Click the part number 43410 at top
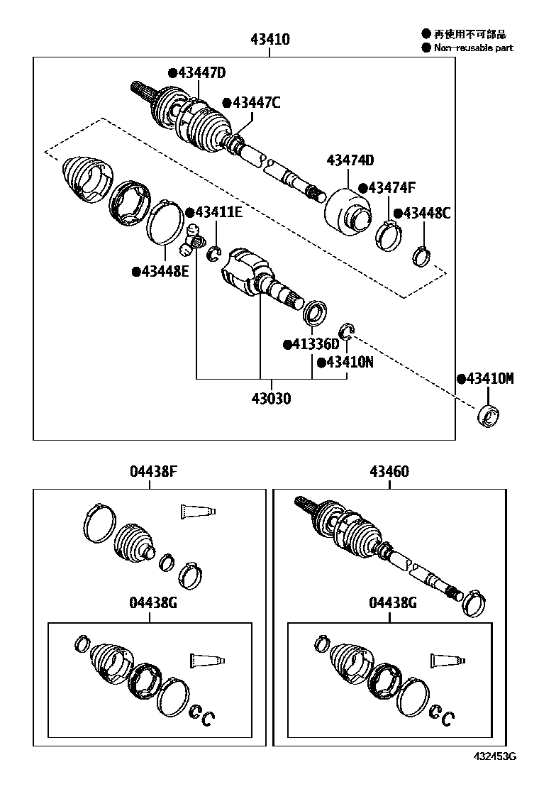(269, 40)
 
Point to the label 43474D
(350, 161)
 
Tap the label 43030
(269, 399)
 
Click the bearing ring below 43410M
(489, 416)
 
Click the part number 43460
(389, 471)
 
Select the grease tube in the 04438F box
(198, 511)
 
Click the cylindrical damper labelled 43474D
(347, 212)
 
